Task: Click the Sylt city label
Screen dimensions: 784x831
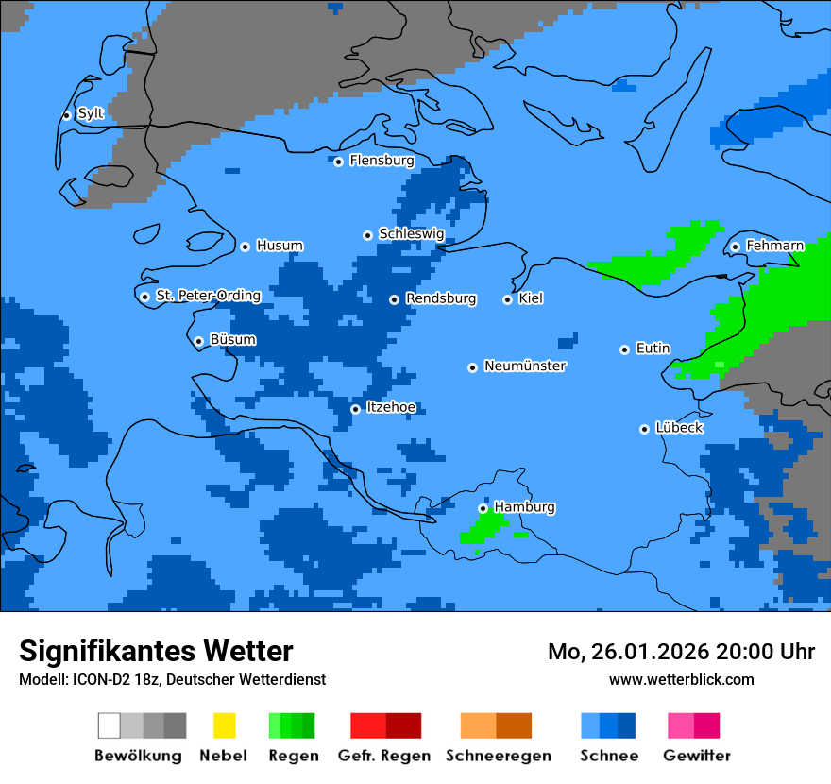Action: (x=91, y=113)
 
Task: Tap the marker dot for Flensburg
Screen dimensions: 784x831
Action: (x=338, y=162)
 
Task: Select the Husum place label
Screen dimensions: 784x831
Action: (x=280, y=246)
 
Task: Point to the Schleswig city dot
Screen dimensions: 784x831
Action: (x=367, y=235)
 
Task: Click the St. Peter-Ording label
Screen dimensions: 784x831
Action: (x=208, y=296)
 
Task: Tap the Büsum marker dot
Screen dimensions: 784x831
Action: (x=198, y=341)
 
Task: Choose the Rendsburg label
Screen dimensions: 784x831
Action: (x=441, y=298)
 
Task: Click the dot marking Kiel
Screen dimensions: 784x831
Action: (x=507, y=299)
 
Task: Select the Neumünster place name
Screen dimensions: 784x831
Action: (x=525, y=366)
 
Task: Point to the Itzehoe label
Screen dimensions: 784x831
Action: (x=391, y=407)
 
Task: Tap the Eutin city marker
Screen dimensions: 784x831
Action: (x=624, y=349)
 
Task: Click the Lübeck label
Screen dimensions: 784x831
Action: (x=679, y=428)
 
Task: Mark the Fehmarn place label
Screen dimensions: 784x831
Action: (x=774, y=246)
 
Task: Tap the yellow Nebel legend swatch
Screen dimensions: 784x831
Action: (x=224, y=725)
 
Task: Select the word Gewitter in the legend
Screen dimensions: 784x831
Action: (x=697, y=756)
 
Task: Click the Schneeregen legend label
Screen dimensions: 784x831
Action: (x=498, y=756)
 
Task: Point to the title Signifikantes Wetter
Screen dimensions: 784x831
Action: (x=156, y=651)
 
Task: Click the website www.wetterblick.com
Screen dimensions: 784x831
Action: (x=681, y=679)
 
